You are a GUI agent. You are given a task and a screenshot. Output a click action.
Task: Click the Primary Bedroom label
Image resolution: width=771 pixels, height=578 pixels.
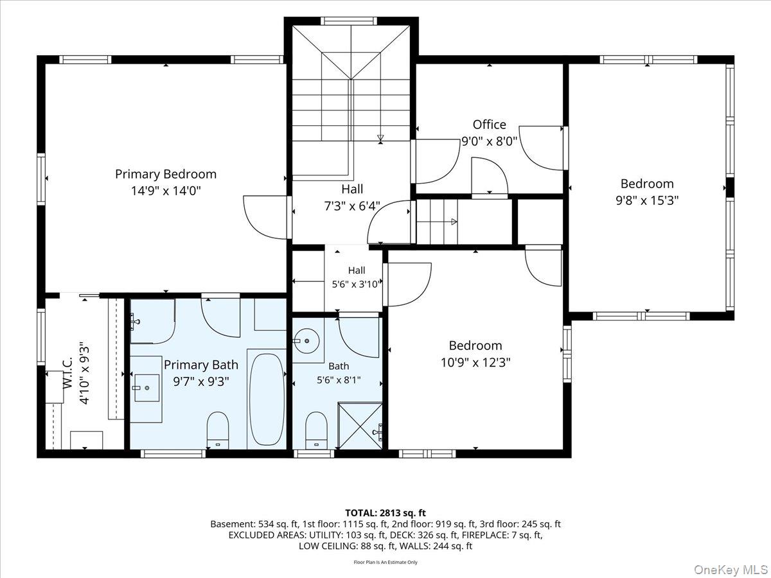165,174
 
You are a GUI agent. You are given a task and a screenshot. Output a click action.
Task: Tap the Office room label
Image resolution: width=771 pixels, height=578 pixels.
490,125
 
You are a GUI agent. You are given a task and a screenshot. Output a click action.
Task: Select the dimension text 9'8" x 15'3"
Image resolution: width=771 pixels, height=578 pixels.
647,200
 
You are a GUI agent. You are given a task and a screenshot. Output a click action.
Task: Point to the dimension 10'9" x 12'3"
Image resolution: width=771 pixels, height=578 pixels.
475,362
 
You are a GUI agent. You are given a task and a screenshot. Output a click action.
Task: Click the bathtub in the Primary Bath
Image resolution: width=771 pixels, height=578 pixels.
267,399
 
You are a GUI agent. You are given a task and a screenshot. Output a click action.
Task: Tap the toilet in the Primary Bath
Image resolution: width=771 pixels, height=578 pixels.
218,430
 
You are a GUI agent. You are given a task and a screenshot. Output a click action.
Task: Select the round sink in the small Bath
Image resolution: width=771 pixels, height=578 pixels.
306,341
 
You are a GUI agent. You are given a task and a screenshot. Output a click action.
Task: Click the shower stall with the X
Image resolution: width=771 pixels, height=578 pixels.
360,426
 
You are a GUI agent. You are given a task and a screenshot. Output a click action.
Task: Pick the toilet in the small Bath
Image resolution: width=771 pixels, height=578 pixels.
316,430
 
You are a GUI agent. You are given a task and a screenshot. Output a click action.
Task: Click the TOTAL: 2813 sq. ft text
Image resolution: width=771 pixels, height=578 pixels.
385,513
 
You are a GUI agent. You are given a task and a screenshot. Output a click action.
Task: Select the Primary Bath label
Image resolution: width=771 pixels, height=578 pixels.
201,365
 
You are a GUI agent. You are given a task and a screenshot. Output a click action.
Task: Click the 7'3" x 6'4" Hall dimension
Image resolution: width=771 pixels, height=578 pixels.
352,206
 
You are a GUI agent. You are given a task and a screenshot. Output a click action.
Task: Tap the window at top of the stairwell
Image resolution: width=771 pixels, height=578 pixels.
348,21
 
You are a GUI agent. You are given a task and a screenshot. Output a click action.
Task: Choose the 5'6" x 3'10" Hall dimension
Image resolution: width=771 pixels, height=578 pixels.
356,284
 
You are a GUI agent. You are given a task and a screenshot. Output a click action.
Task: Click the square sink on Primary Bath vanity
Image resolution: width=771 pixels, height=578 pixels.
147,388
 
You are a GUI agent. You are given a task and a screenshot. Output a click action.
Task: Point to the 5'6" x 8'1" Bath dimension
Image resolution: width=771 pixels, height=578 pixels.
339,380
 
